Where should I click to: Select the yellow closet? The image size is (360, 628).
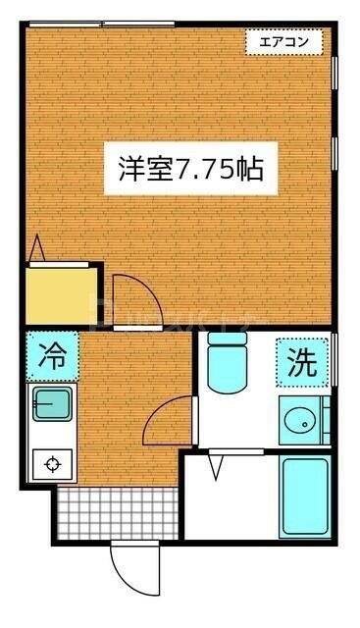(x=63, y=292)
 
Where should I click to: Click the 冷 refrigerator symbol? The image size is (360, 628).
(x=54, y=356)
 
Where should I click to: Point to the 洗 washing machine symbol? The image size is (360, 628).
(x=301, y=364)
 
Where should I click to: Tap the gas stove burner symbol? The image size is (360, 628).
(x=50, y=463)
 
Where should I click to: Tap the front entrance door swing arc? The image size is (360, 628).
(x=128, y=566)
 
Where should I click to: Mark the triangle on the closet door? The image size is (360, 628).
(x=38, y=249)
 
